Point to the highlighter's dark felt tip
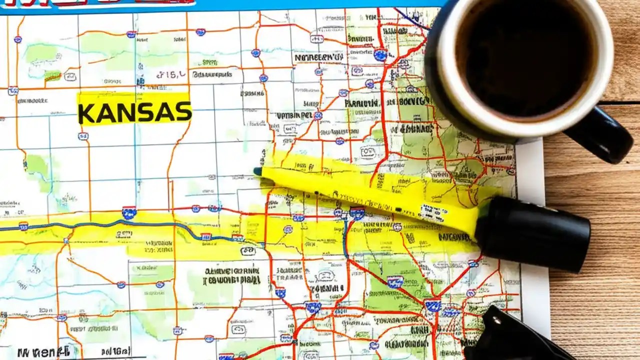tap(257, 171)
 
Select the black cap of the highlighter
tap(532, 233)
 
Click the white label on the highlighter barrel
tap(432, 212)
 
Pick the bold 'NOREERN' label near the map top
tap(318, 58)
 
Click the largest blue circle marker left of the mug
tap(380, 54)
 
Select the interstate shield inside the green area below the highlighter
tap(394, 281)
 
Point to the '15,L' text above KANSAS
tap(170, 75)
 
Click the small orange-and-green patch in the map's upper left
tap(52, 75)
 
